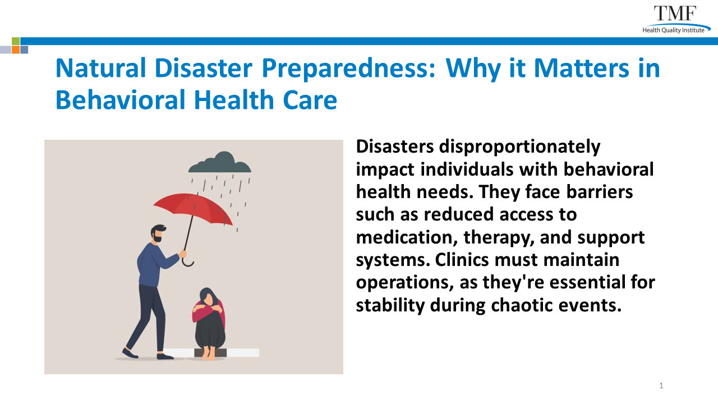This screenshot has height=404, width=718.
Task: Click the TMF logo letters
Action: click(675, 13)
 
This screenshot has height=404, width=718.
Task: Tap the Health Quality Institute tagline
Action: click(673, 30)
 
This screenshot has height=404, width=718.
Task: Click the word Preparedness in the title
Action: click(349, 68)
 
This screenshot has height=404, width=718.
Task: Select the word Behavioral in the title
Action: click(121, 100)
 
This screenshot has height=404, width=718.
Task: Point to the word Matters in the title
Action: click(582, 68)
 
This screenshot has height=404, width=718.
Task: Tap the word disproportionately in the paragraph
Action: click(519, 147)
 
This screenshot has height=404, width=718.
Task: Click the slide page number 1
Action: click(661, 385)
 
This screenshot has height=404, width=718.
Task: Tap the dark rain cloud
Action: click(220, 163)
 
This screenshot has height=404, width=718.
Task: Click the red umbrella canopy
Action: click(193, 208)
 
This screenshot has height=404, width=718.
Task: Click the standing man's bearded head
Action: click(158, 234)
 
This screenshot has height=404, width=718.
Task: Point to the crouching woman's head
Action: click(208, 297)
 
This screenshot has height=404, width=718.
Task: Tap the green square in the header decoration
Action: click(16, 41)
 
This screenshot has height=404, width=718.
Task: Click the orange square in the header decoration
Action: click(16, 50)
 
